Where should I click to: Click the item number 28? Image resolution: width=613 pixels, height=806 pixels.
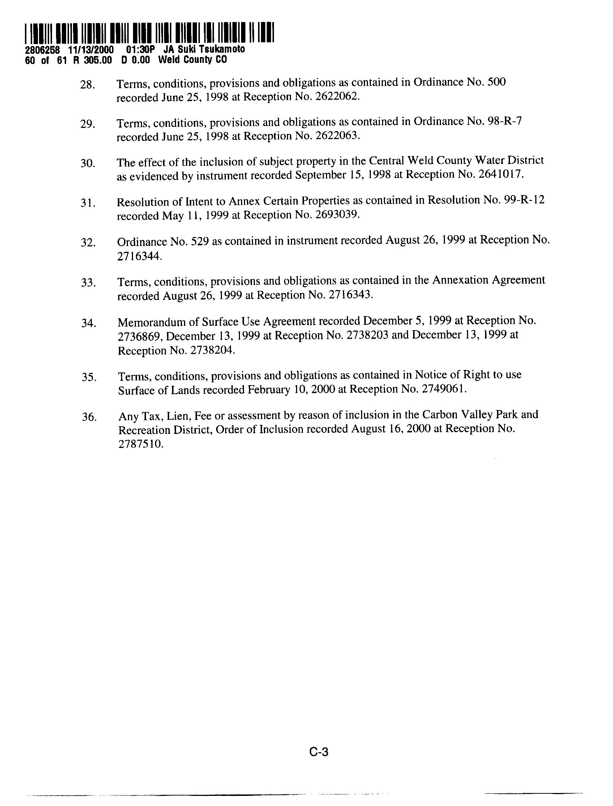click(x=87, y=85)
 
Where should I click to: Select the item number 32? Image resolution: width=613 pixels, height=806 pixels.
click(x=88, y=243)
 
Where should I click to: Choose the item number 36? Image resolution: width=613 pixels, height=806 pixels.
click(x=89, y=417)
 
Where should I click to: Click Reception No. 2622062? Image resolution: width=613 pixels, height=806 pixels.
click(x=334, y=97)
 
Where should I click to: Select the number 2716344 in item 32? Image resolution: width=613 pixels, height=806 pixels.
click(x=139, y=257)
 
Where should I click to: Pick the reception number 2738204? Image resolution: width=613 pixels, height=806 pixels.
click(x=212, y=350)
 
